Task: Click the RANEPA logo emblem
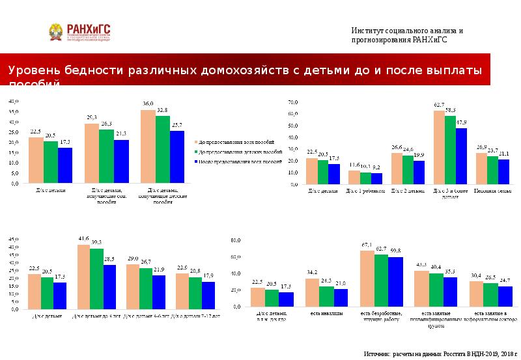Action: (x=56, y=31)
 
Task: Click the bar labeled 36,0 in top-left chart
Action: (x=148, y=146)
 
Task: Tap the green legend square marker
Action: (x=196, y=150)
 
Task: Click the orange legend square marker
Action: (x=196, y=141)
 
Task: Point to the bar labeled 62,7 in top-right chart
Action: (x=439, y=147)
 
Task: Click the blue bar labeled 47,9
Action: (x=461, y=156)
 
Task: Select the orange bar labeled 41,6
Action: (x=83, y=276)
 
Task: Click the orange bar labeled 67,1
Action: (x=367, y=278)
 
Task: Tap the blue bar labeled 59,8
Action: (x=395, y=281)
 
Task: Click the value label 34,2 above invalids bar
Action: (x=312, y=272)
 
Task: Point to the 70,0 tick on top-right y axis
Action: (x=292, y=102)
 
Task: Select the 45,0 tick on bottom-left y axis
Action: (x=14, y=240)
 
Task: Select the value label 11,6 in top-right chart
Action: (x=354, y=165)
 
